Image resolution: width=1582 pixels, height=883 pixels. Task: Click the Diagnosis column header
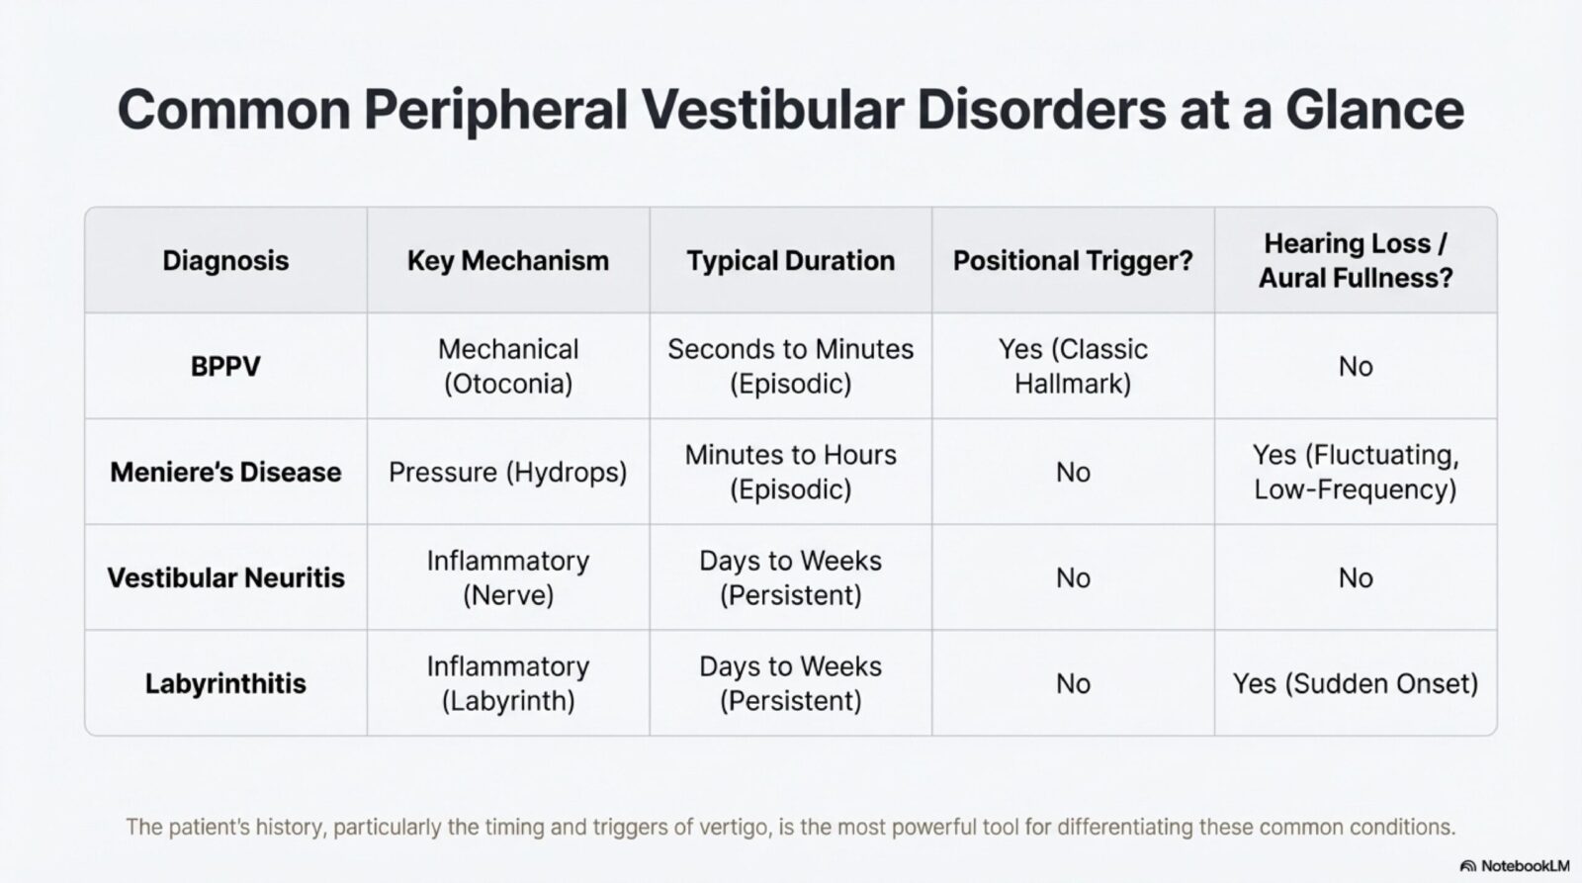click(225, 261)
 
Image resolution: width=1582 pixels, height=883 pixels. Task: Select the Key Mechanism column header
click(508, 261)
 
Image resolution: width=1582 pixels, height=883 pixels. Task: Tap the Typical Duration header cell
click(790, 261)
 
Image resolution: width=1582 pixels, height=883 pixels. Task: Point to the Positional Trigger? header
click(1073, 261)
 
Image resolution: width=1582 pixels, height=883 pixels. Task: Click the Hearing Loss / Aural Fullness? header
click(1356, 260)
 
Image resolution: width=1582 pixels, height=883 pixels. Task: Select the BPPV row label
click(225, 367)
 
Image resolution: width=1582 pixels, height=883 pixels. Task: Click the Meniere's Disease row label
click(225, 473)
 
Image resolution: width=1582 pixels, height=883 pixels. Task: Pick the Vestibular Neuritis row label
click(225, 578)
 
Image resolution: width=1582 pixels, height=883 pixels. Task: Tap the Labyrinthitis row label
click(225, 684)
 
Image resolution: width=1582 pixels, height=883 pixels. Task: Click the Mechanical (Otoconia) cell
click(508, 366)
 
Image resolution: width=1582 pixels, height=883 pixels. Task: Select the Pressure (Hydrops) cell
click(508, 473)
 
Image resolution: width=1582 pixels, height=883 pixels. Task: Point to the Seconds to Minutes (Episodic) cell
click(790, 366)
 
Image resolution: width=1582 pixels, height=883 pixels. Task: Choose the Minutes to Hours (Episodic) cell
click(790, 472)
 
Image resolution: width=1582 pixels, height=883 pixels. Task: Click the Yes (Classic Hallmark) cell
click(1073, 366)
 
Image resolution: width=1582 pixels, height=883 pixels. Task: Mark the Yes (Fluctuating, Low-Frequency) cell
click(1356, 472)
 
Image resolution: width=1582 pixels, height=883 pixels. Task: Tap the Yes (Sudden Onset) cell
click(1356, 684)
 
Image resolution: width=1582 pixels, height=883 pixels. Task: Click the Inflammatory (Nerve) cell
click(508, 577)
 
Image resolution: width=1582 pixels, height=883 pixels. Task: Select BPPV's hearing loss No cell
click(1356, 367)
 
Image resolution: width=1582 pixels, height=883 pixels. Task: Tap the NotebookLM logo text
click(1524, 866)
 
